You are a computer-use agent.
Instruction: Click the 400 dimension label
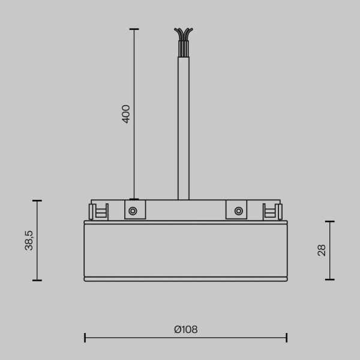pyautogui.click(x=126, y=113)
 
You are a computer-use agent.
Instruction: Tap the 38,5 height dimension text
pyautogui.click(x=29, y=240)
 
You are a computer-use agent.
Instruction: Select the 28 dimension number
pyautogui.click(x=322, y=250)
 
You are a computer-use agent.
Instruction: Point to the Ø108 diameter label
pyautogui.click(x=185, y=329)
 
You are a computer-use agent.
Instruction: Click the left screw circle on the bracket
pyautogui.click(x=133, y=211)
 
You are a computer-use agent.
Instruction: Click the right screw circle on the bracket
pyautogui.click(x=239, y=211)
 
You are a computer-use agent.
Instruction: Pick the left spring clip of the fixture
pyautogui.click(x=98, y=211)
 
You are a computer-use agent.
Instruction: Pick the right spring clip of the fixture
pyautogui.click(x=272, y=211)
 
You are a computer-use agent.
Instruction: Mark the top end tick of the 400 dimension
pyautogui.click(x=134, y=29)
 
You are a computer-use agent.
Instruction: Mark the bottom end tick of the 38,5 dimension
pyautogui.click(x=37, y=280)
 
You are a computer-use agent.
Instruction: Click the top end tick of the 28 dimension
pyautogui.click(x=329, y=221)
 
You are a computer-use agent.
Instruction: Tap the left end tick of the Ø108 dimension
pyautogui.click(x=85, y=338)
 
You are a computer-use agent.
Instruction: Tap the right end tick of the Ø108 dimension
pyautogui.click(x=287, y=338)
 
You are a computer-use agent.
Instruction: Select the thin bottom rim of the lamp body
pyautogui.click(x=185, y=279)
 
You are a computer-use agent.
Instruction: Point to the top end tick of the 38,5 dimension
pyautogui.click(x=37, y=201)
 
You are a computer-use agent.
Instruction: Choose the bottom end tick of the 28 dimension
pyautogui.click(x=329, y=279)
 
